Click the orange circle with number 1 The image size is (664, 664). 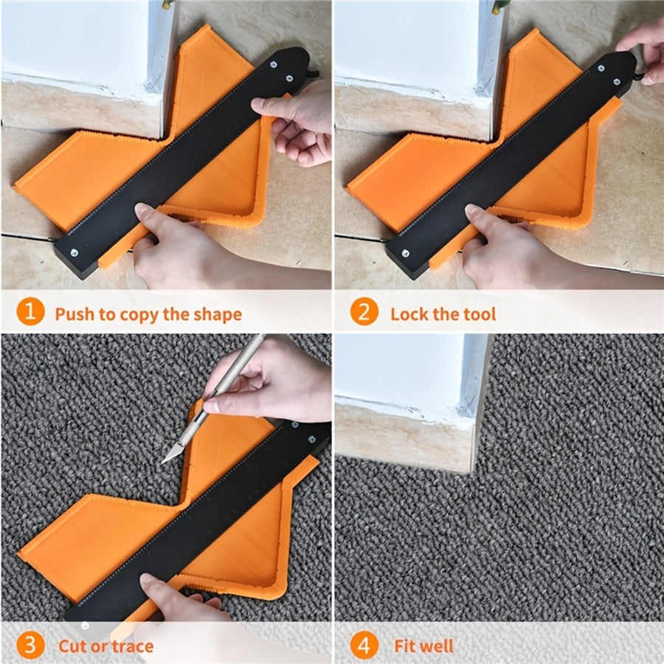30,313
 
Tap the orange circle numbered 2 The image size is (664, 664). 364,313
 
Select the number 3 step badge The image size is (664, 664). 30,646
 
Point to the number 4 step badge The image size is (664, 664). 364,646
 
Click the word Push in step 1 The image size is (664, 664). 75,314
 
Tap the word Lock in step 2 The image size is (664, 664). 408,314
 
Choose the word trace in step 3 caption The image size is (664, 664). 133,646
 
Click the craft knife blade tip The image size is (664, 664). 164,462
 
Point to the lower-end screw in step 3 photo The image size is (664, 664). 86,625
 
